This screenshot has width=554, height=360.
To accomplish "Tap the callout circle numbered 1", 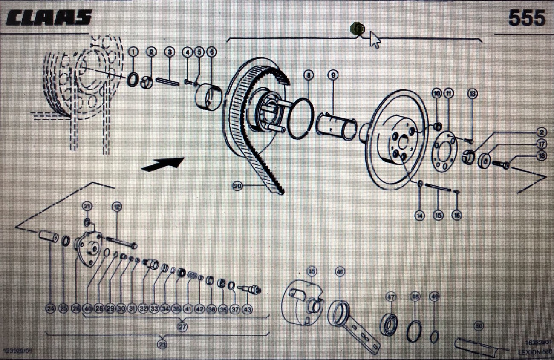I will (x=134, y=52).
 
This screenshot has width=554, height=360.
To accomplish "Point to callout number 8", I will (x=309, y=75).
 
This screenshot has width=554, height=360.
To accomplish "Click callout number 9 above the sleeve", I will (x=333, y=75).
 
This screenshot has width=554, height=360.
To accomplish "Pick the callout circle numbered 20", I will (x=238, y=186).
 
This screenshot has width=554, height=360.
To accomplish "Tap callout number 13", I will (x=472, y=93).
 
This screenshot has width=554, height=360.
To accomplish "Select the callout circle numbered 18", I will (x=541, y=156).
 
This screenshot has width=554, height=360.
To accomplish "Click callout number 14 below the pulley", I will (x=420, y=216).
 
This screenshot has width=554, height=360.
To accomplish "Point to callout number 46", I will (x=340, y=271).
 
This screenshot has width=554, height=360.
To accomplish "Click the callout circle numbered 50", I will (x=479, y=326).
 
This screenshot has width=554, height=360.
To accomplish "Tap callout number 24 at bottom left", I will (x=51, y=309).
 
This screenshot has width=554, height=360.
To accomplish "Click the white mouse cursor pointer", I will (x=375, y=40).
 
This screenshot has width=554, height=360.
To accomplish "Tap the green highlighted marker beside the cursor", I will (x=357, y=29).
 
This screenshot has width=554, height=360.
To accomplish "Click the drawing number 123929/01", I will (x=17, y=351).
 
